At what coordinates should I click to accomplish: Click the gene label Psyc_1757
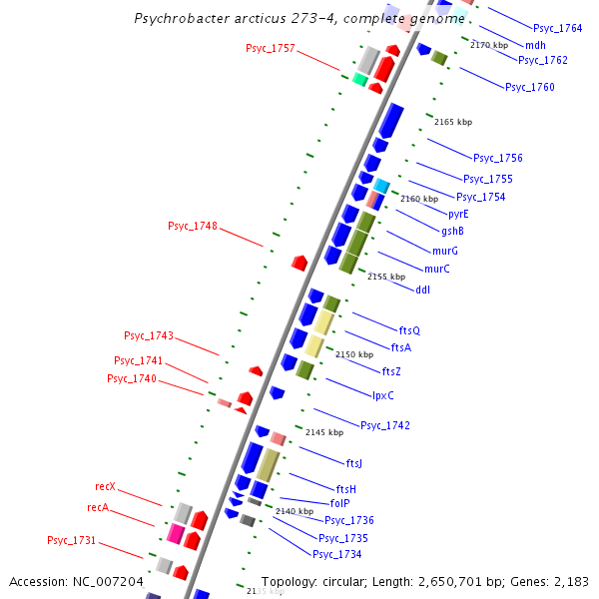(270, 48)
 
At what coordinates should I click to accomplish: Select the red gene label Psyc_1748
(192, 226)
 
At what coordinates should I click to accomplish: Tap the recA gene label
(98, 507)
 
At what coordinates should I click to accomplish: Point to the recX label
(105, 486)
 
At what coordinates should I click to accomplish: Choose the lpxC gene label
(382, 395)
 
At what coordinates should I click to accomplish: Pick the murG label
(444, 251)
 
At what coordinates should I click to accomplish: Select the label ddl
(422, 290)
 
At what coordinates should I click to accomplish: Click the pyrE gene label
(458, 214)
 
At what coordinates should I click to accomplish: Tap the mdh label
(535, 45)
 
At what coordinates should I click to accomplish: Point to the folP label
(339, 503)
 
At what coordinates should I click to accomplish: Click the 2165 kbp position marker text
(453, 122)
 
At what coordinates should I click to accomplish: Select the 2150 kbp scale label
(353, 354)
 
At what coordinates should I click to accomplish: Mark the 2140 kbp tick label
(295, 511)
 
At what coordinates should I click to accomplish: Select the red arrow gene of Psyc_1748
(299, 262)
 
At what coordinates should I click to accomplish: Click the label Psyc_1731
(71, 540)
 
